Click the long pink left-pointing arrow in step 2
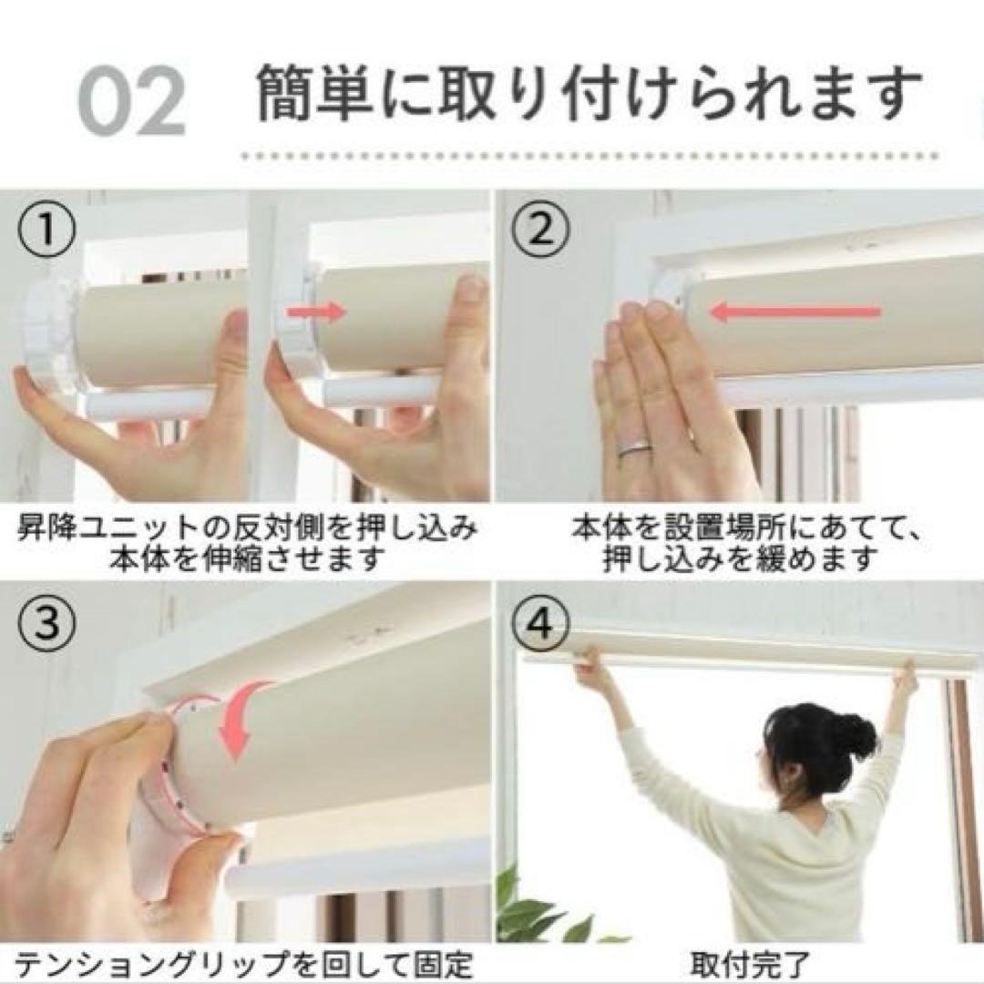(x=794, y=313)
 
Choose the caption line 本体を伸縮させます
(x=246, y=558)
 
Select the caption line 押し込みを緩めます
(x=740, y=558)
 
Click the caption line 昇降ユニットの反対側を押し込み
(x=246, y=528)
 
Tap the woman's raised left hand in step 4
(x=904, y=674)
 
